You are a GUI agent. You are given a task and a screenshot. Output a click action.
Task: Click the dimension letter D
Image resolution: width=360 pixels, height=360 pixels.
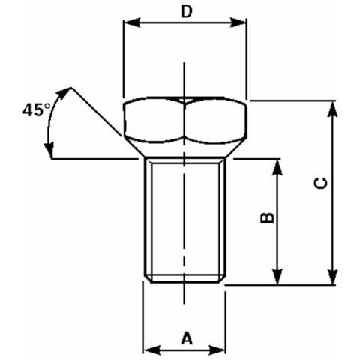[187, 12]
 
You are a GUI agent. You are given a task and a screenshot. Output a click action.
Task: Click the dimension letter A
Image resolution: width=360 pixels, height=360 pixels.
[187, 337]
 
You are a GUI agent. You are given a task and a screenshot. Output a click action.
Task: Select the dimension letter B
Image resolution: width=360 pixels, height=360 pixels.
[267, 217]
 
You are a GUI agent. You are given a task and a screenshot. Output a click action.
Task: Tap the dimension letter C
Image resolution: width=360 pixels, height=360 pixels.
[321, 184]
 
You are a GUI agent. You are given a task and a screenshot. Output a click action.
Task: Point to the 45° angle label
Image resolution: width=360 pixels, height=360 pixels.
[37, 109]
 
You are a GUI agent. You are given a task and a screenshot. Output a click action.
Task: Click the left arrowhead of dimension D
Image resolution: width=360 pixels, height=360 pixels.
[132, 22]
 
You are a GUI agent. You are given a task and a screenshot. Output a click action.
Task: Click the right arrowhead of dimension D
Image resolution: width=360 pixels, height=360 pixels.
[238, 22]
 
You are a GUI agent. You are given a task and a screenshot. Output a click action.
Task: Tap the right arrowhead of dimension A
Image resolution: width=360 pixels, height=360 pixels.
[217, 349]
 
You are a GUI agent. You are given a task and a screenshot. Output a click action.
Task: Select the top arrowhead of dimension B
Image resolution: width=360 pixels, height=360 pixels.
[277, 167]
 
